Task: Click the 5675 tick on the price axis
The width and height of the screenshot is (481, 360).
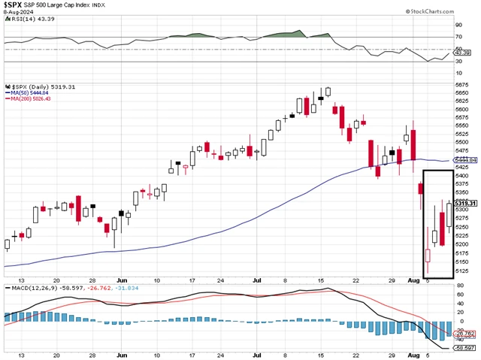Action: [463, 85]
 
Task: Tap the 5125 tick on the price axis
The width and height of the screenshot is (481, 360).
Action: [463, 271]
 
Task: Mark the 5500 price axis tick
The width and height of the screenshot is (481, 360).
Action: [463, 143]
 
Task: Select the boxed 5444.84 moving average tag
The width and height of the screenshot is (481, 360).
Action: [467, 160]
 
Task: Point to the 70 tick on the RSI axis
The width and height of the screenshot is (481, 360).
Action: [458, 36]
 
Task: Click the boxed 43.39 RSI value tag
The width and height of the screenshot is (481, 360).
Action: [464, 53]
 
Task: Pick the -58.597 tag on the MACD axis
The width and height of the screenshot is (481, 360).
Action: [465, 349]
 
